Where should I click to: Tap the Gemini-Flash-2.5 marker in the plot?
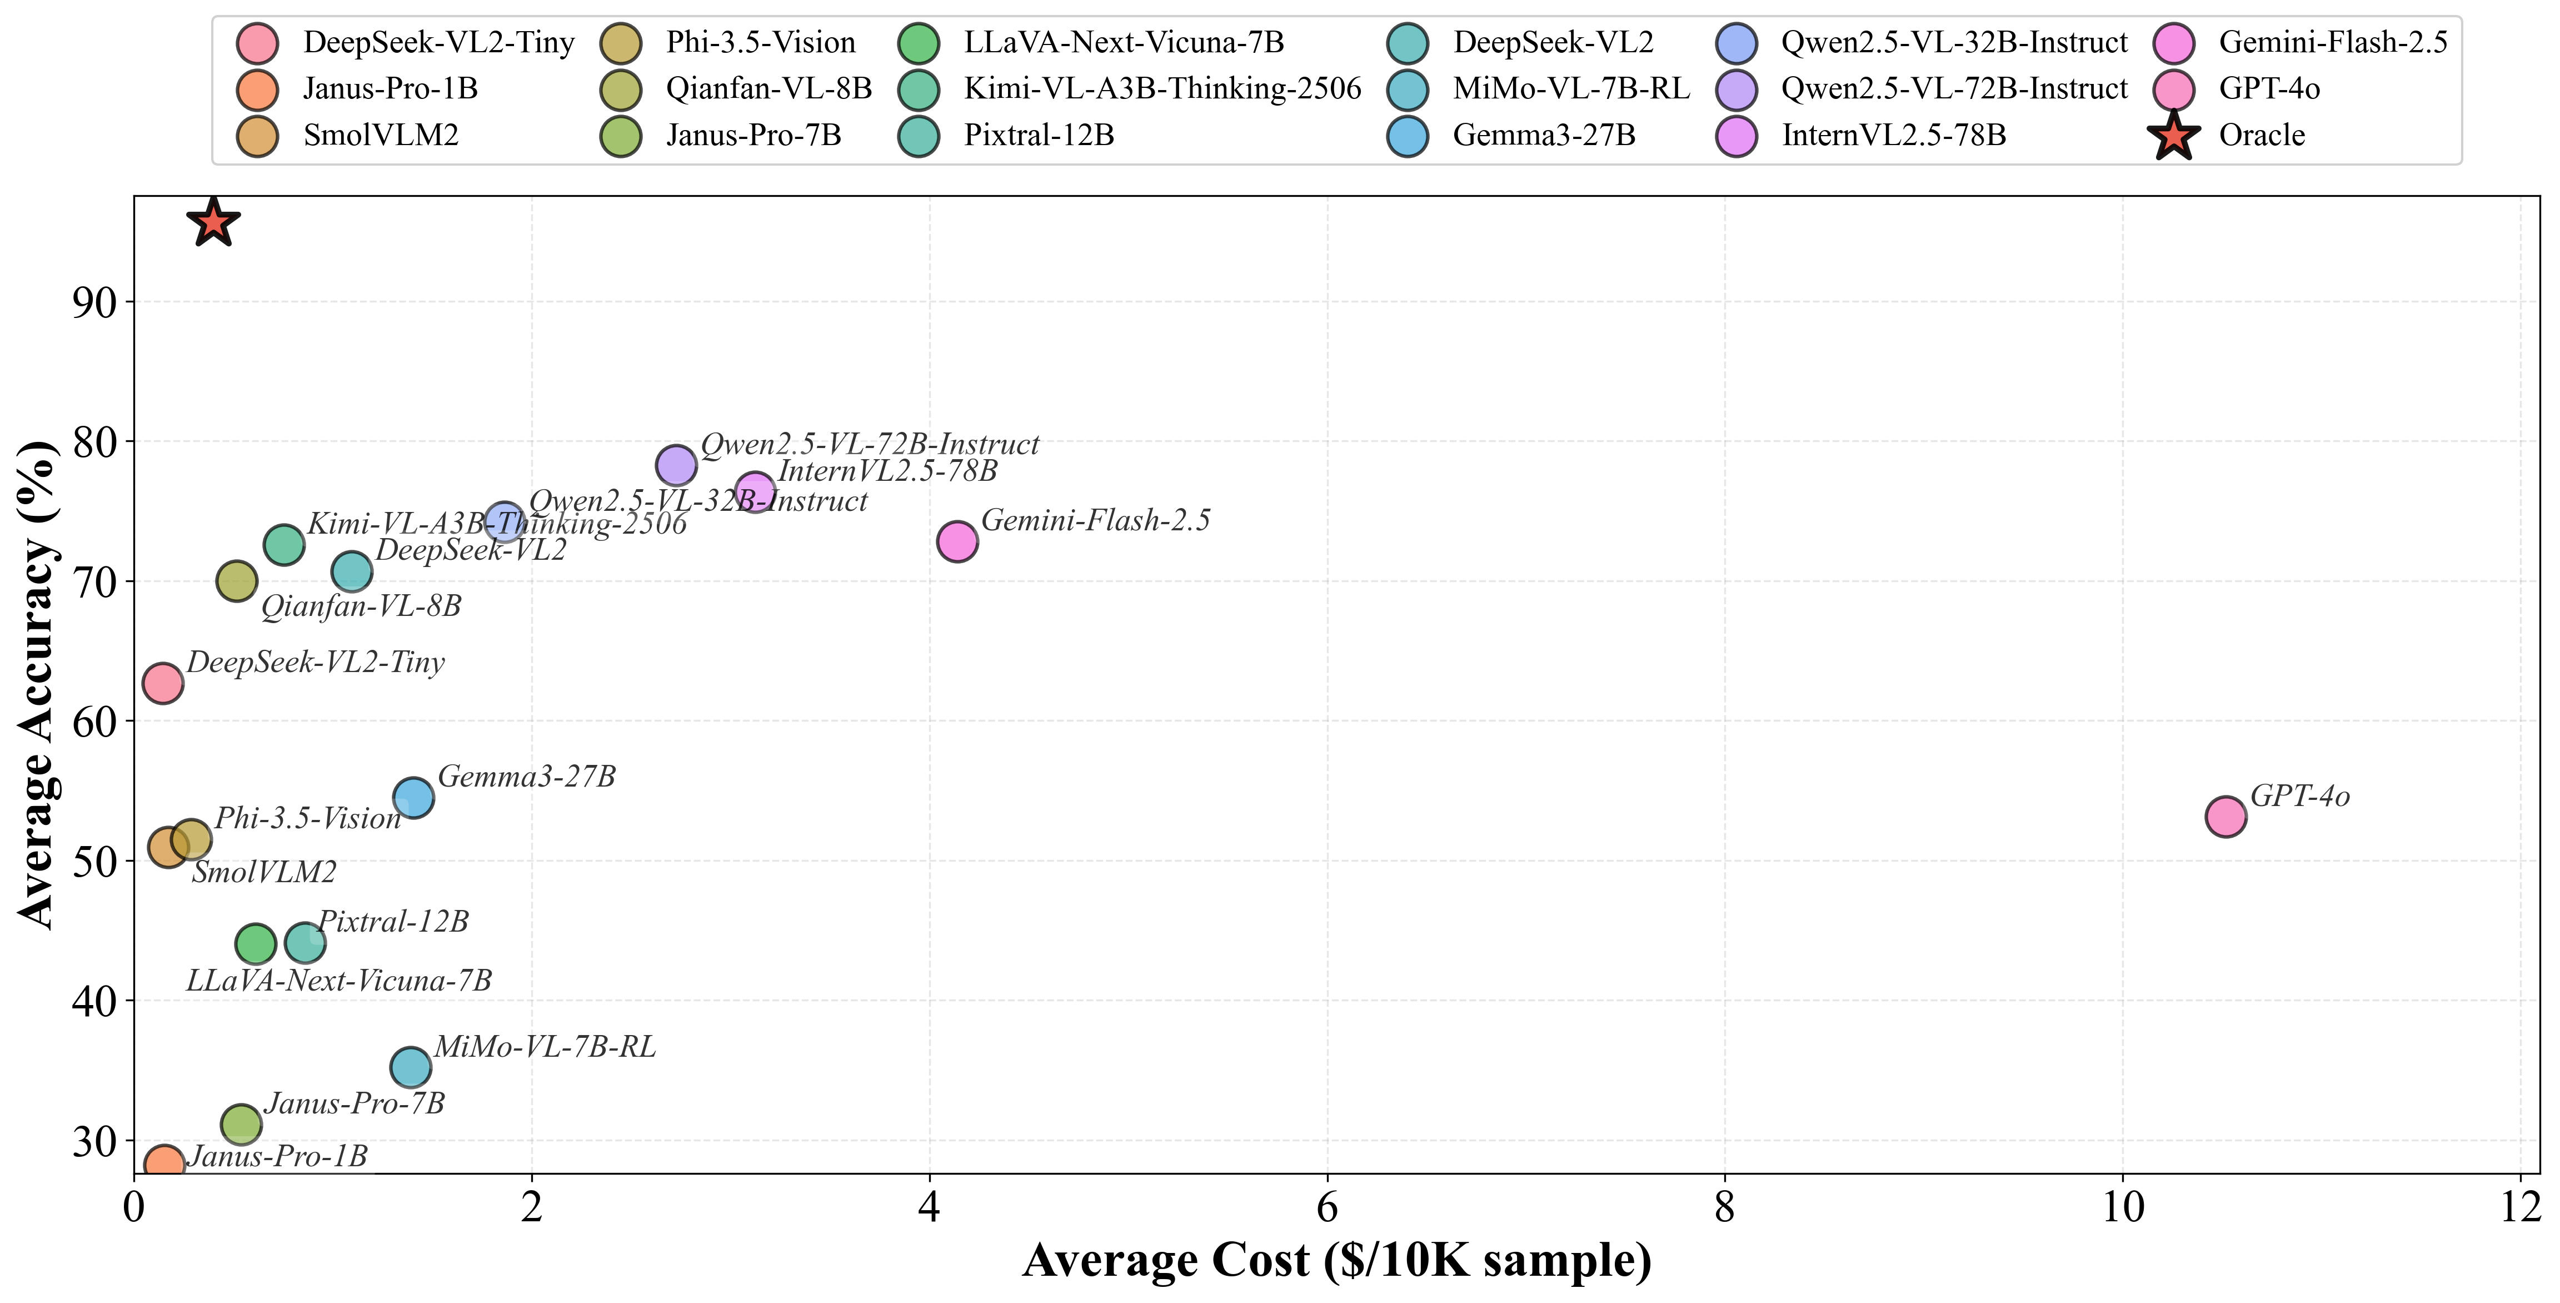coord(957,541)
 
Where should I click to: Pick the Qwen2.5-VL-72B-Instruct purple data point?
coord(676,464)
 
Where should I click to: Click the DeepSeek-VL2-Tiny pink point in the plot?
coord(163,683)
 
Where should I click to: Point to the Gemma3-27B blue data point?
coord(413,797)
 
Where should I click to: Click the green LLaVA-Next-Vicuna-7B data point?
coord(256,943)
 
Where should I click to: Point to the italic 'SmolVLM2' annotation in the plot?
coord(265,873)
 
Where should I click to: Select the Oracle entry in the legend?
coord(2261,135)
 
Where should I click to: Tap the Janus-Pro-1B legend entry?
coord(390,88)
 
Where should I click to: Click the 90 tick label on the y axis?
coord(94,302)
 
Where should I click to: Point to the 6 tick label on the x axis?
coord(1327,1207)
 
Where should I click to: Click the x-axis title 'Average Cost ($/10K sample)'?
coord(1336,1260)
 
